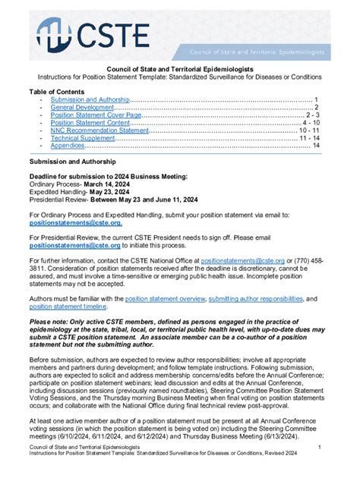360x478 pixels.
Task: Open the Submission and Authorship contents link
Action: point(90,99)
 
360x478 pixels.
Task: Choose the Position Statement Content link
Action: point(90,122)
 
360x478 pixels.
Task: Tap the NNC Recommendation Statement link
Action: point(99,131)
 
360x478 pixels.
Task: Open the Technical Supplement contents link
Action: point(84,138)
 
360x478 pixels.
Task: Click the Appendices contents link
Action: point(67,146)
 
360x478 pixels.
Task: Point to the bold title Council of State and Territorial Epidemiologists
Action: point(179,68)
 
